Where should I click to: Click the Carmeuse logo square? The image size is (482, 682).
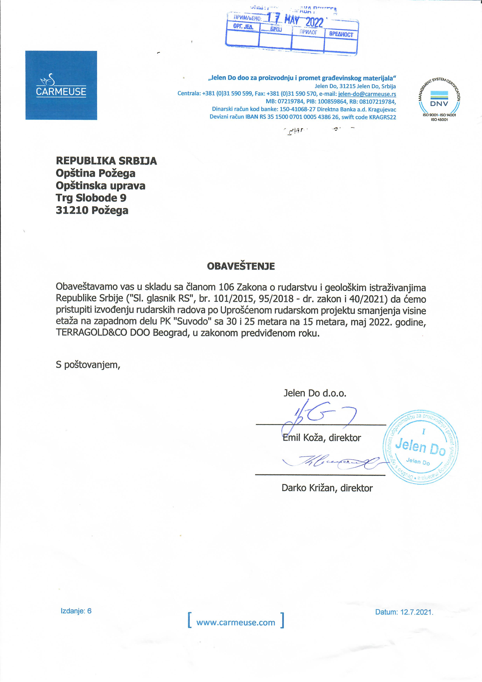[61, 85]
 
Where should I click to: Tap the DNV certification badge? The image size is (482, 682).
[439, 100]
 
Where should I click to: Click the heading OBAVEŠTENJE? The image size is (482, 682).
[241, 266]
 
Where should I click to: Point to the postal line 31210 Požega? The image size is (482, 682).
[92, 210]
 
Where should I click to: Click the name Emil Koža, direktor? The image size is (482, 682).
[322, 438]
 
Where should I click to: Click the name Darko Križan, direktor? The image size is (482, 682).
[327, 488]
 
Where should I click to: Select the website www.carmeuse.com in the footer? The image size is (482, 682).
[236, 623]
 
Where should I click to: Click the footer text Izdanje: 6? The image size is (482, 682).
[76, 611]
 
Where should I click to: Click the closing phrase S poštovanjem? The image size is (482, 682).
[88, 365]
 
